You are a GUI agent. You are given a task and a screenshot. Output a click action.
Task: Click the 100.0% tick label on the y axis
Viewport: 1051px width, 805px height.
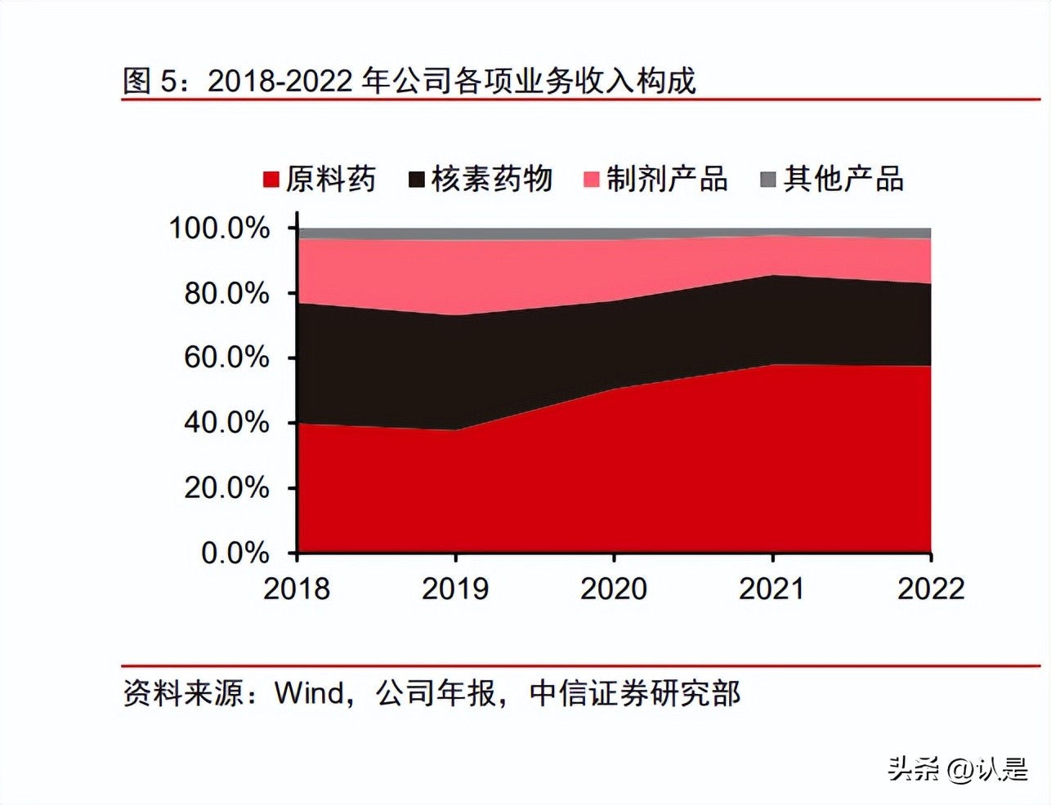(219, 228)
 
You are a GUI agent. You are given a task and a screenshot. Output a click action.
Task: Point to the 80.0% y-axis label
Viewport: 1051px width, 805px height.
(226, 293)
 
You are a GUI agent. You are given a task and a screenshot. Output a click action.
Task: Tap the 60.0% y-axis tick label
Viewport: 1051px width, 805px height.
(226, 358)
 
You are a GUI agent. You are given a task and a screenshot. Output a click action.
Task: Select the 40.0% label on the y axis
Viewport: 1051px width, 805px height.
(226, 423)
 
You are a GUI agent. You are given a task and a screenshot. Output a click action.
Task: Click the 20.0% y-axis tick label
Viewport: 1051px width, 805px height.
(226, 488)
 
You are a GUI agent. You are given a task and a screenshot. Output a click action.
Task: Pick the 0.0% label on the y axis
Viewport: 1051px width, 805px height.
(235, 554)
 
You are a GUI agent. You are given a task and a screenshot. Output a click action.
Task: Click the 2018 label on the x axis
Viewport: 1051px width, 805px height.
(297, 589)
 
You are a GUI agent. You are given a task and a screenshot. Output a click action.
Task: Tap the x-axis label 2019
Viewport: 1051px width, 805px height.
(455, 589)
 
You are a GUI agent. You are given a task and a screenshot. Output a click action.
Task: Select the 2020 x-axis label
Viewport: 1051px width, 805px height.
(614, 589)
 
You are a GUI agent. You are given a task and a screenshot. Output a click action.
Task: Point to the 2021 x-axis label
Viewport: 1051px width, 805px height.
(772, 589)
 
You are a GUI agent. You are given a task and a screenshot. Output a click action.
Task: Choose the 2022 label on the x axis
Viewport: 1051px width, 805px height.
(931, 589)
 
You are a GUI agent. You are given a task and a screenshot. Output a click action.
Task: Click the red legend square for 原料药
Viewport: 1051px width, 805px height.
(271, 180)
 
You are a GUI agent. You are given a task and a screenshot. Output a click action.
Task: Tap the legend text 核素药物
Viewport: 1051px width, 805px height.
(492, 179)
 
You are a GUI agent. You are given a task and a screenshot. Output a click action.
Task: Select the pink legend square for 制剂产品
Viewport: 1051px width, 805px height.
(592, 180)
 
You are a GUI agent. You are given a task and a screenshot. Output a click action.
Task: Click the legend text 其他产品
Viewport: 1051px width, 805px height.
(843, 179)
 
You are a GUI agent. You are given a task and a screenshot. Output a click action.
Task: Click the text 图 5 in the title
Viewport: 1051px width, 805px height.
(150, 81)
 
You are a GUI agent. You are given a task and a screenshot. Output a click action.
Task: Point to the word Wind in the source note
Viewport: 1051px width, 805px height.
(309, 693)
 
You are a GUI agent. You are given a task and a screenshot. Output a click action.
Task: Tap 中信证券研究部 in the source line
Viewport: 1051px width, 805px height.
(635, 693)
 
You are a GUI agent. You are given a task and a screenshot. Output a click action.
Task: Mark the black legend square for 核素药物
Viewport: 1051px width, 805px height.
(417, 180)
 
